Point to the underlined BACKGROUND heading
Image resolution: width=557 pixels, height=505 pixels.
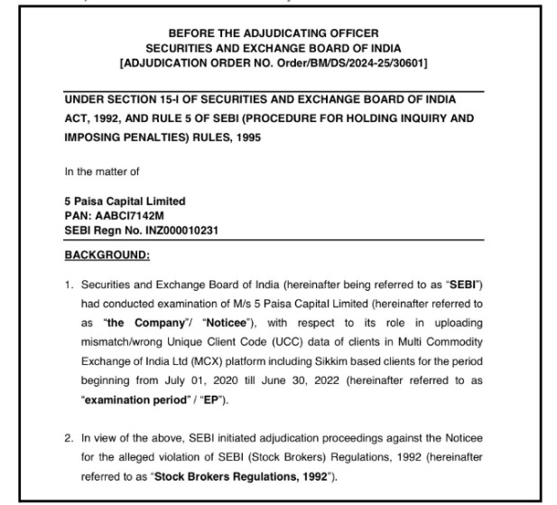pyautogui.click(x=99, y=255)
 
